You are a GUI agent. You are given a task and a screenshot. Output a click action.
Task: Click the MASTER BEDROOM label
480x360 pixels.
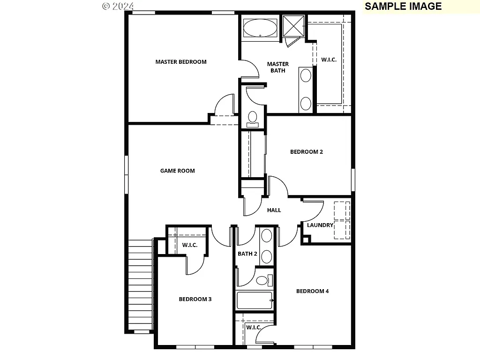[180, 62]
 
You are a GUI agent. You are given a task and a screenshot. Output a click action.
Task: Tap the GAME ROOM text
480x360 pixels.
[177, 171]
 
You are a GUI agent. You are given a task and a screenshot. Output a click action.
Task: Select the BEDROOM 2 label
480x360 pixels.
[306, 152]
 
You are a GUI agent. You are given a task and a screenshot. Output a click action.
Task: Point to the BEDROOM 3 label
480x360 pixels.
[195, 299]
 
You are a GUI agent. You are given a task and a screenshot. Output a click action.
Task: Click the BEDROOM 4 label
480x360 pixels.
[312, 291]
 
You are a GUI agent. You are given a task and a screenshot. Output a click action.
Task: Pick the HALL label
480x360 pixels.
[274, 210]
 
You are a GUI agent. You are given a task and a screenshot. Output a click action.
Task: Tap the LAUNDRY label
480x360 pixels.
[320, 225]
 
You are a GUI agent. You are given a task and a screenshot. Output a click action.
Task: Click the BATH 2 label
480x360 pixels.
[247, 254]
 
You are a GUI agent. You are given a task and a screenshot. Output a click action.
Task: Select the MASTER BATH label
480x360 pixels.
[277, 67]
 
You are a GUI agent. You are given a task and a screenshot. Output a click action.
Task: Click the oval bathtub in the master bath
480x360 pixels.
[261, 28]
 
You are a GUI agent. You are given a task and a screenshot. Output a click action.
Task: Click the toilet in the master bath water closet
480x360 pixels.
[253, 118]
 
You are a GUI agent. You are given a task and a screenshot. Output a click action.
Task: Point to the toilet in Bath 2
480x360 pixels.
[262, 281]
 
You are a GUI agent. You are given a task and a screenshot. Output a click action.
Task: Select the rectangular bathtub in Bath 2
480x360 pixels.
[255, 300]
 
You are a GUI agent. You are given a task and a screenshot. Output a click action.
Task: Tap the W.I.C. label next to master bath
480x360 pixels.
[329, 60]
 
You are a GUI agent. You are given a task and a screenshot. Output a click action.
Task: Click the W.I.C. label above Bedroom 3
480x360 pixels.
[189, 245]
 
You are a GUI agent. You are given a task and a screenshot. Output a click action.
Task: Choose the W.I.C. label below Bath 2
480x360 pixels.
[254, 327]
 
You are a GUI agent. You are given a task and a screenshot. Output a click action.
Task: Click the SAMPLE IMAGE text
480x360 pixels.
[403, 6]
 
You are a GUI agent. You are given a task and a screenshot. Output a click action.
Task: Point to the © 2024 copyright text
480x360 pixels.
[118, 6]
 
